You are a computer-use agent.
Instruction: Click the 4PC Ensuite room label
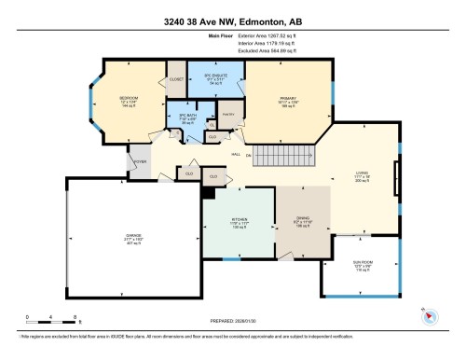pyautogui.click(x=202, y=76)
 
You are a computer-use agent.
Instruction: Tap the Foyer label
pyautogui.click(x=140, y=159)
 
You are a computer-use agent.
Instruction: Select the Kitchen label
pyautogui.click(x=239, y=222)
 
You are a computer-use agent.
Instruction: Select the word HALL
pyautogui.click(x=236, y=154)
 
